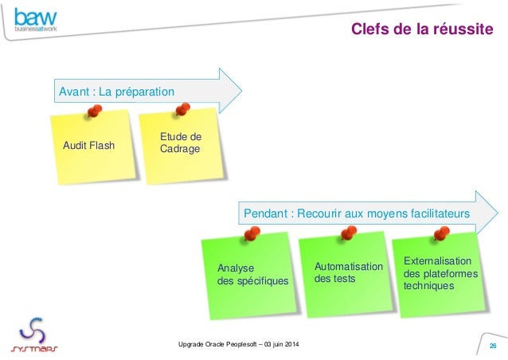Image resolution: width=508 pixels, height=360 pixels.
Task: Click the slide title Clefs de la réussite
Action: pyautogui.click(x=421, y=30)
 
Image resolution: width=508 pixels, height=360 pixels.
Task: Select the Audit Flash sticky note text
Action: pyautogui.click(x=88, y=146)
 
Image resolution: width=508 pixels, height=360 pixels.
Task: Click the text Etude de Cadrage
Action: pyautogui.click(x=181, y=143)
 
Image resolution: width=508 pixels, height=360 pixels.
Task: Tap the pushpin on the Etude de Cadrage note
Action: pyautogui.click(x=182, y=109)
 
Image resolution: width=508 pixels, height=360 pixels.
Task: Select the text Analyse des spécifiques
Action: pyautogui.click(x=252, y=275)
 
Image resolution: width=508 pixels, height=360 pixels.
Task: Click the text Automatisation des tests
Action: pyautogui.click(x=348, y=272)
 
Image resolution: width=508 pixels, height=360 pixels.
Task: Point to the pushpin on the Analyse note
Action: pyautogui.click(x=253, y=234)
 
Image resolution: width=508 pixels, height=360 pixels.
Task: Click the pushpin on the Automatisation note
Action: pyautogui.click(x=347, y=233)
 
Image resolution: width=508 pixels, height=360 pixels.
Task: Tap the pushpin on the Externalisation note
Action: pyautogui.click(x=440, y=233)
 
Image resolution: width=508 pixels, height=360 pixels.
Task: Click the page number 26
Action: pyautogui.click(x=492, y=345)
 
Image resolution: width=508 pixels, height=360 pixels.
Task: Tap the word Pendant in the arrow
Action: pyautogui.click(x=265, y=213)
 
